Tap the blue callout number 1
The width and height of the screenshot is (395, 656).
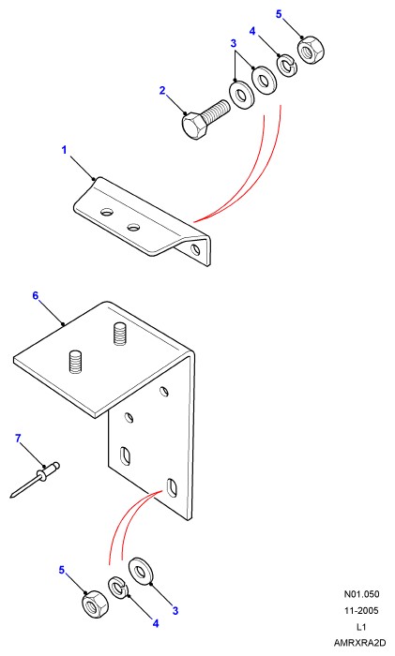click(x=64, y=150)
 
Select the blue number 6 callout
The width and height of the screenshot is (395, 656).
click(x=36, y=296)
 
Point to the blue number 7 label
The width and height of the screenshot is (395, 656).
click(x=18, y=439)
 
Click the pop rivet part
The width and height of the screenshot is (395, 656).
click(x=36, y=480)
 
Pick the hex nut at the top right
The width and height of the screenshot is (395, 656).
click(x=311, y=51)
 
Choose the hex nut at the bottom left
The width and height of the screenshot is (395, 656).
click(x=95, y=604)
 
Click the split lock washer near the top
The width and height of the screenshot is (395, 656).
click(x=288, y=65)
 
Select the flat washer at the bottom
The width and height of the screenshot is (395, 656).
click(x=144, y=571)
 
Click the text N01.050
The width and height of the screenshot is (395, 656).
click(x=361, y=594)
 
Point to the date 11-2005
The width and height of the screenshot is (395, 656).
click(x=361, y=610)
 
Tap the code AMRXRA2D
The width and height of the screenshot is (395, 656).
click(x=359, y=643)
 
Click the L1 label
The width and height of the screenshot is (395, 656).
click(x=361, y=627)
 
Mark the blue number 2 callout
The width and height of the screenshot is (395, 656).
click(x=162, y=90)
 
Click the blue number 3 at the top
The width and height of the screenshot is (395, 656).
click(x=234, y=43)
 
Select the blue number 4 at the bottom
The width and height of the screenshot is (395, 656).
click(x=156, y=624)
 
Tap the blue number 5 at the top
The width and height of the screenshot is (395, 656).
click(x=279, y=14)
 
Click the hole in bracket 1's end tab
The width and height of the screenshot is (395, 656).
click(x=195, y=250)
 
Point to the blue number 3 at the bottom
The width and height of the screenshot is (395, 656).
click(x=175, y=611)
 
